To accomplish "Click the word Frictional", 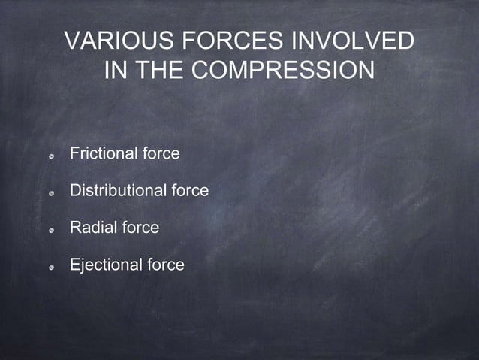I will [x=104, y=154].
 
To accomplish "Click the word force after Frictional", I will [x=161, y=154].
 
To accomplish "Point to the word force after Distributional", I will [x=190, y=191].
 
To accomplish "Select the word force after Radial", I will [x=140, y=228].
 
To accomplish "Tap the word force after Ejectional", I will [x=165, y=265].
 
